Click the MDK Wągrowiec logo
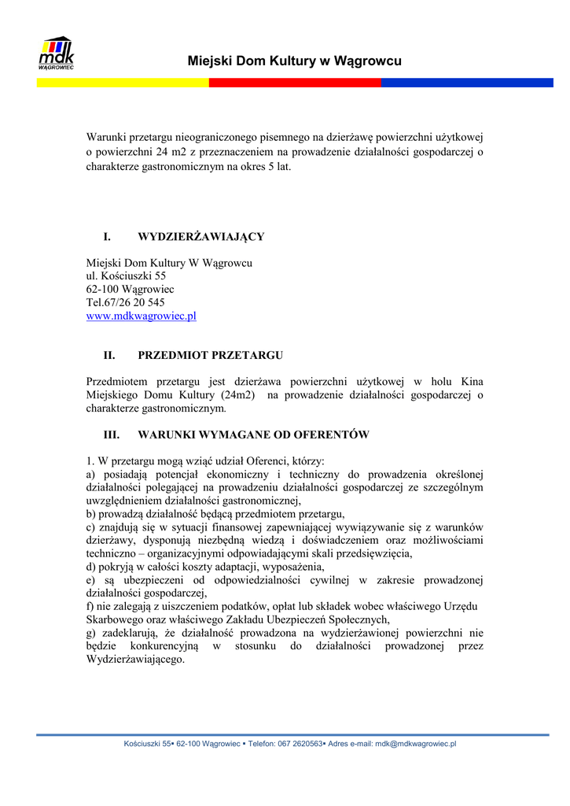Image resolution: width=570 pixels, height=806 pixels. click(56, 54)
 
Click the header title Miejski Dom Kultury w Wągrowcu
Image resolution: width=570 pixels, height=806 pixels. click(295, 61)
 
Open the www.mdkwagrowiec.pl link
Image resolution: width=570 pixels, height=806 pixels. click(141, 316)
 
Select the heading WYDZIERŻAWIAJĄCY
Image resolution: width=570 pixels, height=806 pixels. click(200, 236)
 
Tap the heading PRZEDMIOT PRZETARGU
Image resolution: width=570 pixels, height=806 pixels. click(210, 355)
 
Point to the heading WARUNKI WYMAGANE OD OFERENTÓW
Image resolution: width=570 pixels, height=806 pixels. click(253, 434)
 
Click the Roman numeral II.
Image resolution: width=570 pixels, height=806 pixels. click(109, 355)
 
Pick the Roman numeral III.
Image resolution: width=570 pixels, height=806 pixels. click(112, 434)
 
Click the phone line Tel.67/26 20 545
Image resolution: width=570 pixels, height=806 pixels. click(125, 303)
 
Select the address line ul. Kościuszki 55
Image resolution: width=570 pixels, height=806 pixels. click(126, 276)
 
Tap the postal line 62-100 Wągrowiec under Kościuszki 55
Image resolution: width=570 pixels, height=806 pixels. click(130, 290)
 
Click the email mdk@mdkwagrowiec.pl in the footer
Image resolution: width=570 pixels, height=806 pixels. click(415, 744)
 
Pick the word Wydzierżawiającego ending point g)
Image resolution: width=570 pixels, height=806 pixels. click(135, 660)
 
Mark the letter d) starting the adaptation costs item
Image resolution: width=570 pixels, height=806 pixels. click(91, 567)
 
